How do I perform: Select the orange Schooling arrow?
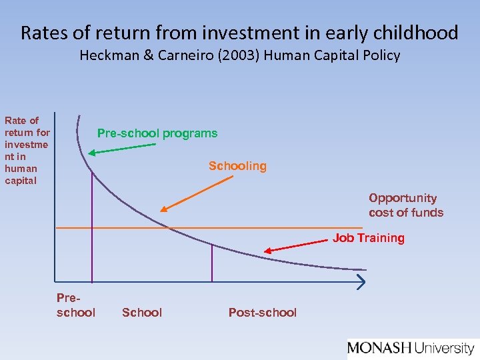pyautogui.click(x=183, y=196)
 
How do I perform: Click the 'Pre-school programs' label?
pyautogui.click(x=157, y=133)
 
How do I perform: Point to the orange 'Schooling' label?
pyautogui.click(x=237, y=166)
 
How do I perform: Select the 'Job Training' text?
pyautogui.click(x=369, y=238)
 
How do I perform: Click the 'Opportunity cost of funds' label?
pyautogui.click(x=405, y=205)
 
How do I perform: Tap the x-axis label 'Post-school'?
pyautogui.click(x=262, y=313)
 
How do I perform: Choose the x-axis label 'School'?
pyautogui.click(x=142, y=313)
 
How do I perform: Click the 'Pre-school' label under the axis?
pyautogui.click(x=76, y=306)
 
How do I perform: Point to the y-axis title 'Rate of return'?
pyautogui.click(x=27, y=151)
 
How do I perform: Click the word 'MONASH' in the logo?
pyautogui.click(x=379, y=348)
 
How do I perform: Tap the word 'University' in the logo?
pyautogui.click(x=445, y=348)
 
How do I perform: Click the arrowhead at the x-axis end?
pyautogui.click(x=361, y=283)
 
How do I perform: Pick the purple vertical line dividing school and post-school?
pyautogui.click(x=212, y=263)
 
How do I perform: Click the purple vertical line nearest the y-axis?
pyautogui.click(x=92, y=227)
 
